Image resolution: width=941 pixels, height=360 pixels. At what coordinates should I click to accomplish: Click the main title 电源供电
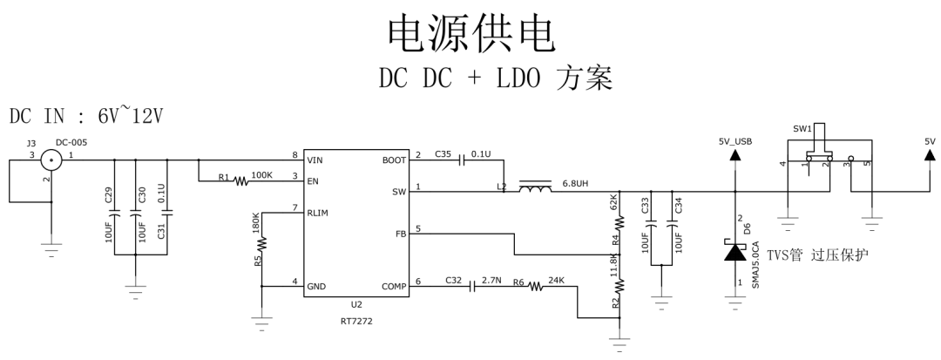[x=470, y=32]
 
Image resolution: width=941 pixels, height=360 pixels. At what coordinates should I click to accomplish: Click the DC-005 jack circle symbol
[x=52, y=160]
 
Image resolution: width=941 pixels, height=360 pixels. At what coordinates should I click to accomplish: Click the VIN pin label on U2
[x=316, y=160]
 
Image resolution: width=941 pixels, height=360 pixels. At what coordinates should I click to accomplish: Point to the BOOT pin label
[x=393, y=160]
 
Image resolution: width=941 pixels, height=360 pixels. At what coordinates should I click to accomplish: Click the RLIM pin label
[x=319, y=212]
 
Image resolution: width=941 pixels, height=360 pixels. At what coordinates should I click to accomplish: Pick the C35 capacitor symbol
[x=463, y=160]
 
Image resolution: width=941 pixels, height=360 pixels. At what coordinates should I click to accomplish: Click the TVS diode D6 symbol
[x=735, y=253]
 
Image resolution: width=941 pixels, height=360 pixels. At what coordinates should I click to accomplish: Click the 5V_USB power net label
[x=735, y=140]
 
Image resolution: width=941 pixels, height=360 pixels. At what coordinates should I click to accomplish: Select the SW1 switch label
[x=802, y=128]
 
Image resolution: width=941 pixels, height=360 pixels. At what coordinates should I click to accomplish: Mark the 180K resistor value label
[x=255, y=224]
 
